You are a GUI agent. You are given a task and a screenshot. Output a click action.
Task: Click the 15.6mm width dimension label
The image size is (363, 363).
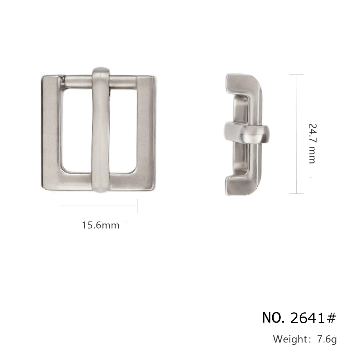pyautogui.click(x=101, y=225)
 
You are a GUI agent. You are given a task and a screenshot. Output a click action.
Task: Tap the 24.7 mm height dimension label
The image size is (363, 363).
pyautogui.click(x=312, y=144)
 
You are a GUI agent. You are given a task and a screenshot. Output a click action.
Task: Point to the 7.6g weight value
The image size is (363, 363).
pyautogui.click(x=326, y=339)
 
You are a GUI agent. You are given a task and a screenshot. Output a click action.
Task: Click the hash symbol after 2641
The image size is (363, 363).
pyautogui.click(x=331, y=318)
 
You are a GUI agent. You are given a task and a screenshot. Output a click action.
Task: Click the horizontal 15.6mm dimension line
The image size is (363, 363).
pyautogui.click(x=99, y=206)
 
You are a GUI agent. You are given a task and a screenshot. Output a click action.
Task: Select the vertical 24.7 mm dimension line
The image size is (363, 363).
pyautogui.click(x=297, y=134)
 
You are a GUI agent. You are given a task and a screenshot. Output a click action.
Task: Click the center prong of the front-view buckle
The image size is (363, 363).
pyautogui.click(x=100, y=130)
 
